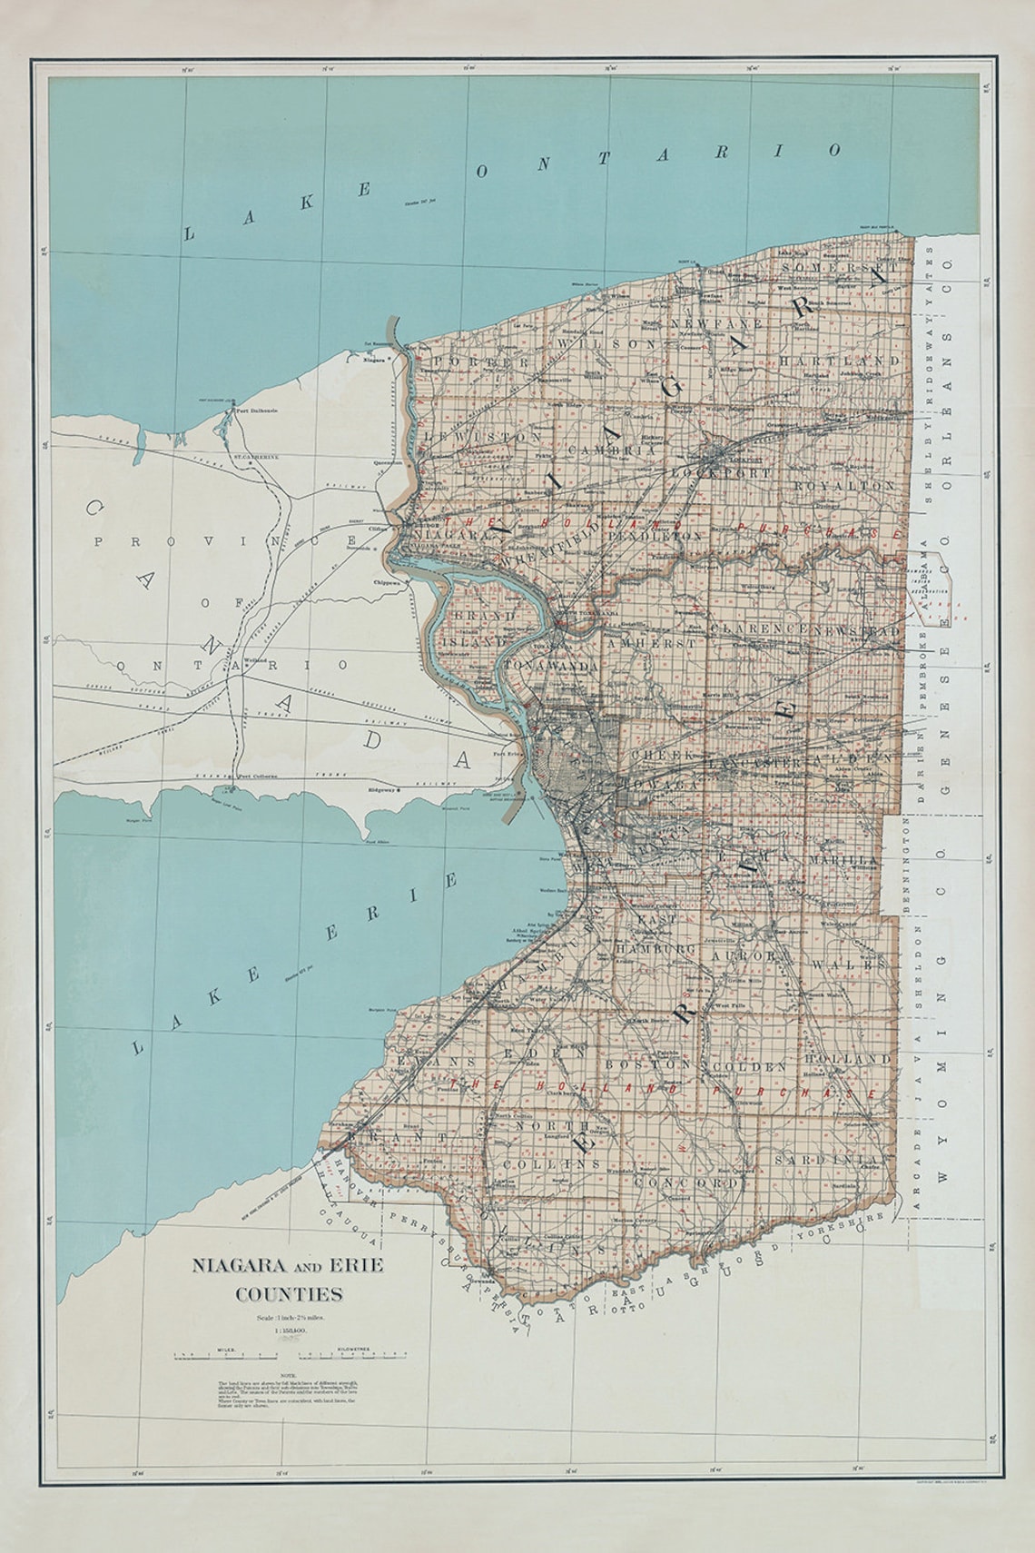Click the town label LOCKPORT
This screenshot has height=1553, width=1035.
pyautogui.click(x=722, y=474)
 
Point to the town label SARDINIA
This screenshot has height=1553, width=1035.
pyautogui.click(x=825, y=1161)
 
